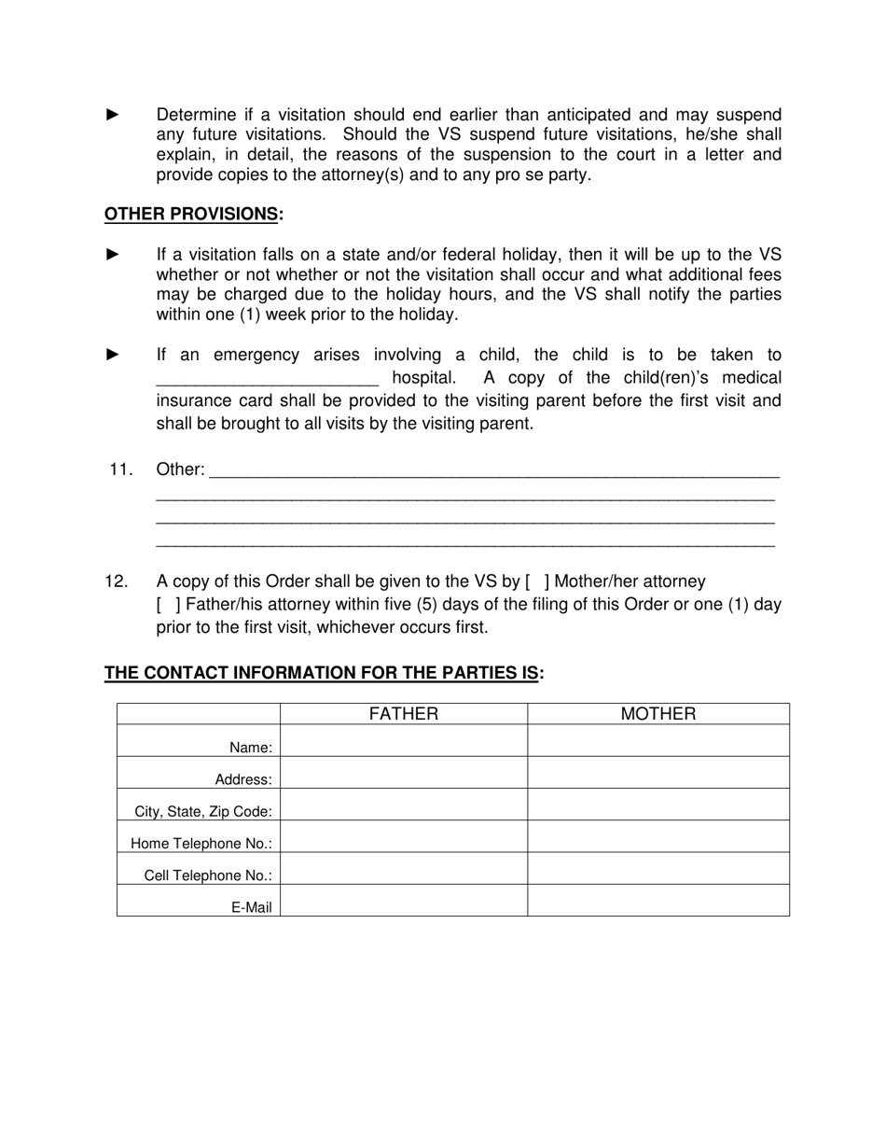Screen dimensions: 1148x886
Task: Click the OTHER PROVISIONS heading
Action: click(193, 215)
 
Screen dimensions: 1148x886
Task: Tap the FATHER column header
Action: click(403, 714)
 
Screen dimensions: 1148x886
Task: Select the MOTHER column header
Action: click(658, 714)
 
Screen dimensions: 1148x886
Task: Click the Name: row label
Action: click(251, 748)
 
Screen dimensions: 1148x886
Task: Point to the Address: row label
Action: click(243, 779)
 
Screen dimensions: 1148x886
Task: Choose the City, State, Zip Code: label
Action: click(203, 811)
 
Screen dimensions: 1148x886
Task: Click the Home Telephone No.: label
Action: click(201, 844)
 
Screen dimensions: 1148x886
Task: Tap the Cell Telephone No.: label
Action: click(208, 875)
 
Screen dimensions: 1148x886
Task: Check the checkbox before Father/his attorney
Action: click(169, 605)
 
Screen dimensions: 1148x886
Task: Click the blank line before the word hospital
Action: click(267, 380)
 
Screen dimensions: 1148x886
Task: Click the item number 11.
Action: click(121, 469)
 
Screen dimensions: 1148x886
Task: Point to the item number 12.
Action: click(117, 582)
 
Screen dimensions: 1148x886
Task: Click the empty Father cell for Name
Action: click(403, 741)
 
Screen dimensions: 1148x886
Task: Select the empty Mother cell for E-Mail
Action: click(658, 901)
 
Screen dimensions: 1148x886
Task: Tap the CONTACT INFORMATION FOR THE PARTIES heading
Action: click(324, 673)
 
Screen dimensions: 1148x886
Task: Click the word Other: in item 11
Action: click(180, 469)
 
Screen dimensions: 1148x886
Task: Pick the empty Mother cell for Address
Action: click(658, 773)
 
